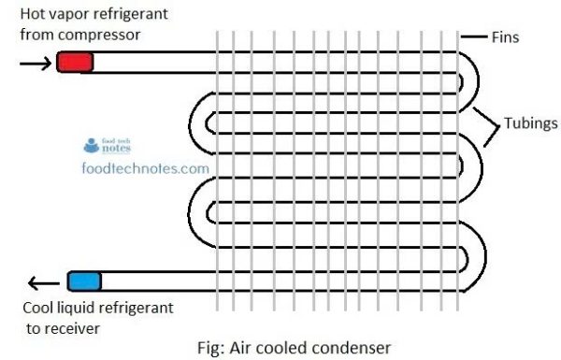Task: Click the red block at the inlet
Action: pos(75,62)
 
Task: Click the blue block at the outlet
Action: pos(85,281)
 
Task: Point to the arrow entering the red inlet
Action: pos(36,64)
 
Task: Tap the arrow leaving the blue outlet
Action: pos(44,283)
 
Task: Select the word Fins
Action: pos(505,37)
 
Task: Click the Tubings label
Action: pos(531,123)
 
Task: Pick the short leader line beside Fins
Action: pos(474,36)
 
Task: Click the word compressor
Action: pos(99,36)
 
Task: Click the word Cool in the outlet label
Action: pos(37,308)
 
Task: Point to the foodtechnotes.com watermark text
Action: pos(145,168)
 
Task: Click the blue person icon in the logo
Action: pos(92,146)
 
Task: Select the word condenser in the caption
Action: pos(352,348)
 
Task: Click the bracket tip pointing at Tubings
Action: pos(498,125)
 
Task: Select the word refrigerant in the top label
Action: pos(130,14)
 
